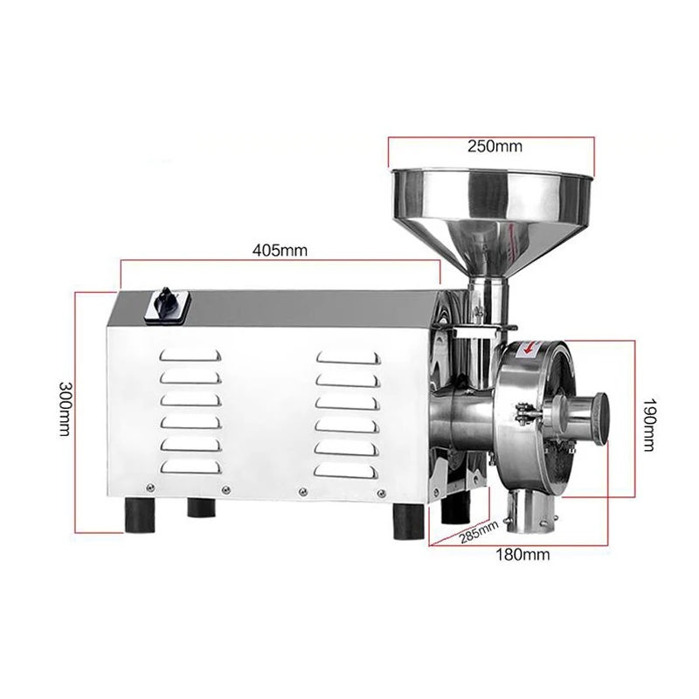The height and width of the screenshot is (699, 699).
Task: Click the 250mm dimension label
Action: coord(495,146)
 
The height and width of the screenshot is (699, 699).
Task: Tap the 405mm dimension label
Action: coord(280,251)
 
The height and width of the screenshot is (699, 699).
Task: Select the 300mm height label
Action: coord(65,409)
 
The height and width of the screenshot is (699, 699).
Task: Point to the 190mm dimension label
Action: coord(647,424)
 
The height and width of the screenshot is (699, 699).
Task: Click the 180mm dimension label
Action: coord(523,555)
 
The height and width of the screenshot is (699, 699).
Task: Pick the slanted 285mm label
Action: coord(479,530)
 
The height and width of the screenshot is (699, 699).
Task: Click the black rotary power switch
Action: coord(167,303)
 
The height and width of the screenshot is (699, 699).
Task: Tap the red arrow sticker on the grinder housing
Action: coord(529,349)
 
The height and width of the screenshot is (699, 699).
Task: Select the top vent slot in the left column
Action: coord(190,355)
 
